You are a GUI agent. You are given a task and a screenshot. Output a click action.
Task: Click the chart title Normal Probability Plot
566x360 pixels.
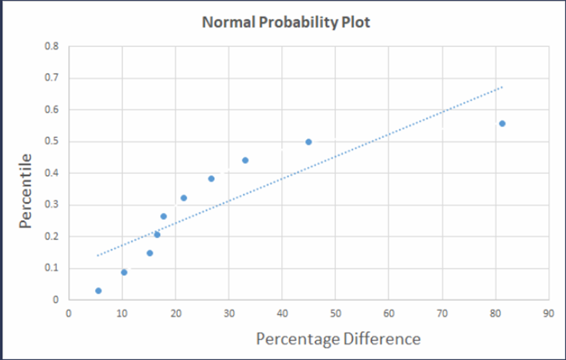[286, 22]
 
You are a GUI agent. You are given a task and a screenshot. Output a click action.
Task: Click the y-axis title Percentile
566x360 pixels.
[27, 191]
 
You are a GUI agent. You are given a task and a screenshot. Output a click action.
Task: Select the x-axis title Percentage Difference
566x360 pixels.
[338, 338]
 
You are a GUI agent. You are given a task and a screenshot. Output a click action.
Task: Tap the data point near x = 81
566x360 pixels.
[502, 123]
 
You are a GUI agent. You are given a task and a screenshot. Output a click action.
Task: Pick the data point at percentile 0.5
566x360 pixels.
[309, 142]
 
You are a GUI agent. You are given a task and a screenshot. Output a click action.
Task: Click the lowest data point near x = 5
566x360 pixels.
[98, 291]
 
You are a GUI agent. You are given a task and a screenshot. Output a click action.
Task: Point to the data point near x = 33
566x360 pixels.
[245, 160]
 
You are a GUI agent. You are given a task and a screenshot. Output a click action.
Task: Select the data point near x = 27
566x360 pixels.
[211, 179]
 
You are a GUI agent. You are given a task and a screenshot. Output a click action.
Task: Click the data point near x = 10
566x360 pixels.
[124, 272]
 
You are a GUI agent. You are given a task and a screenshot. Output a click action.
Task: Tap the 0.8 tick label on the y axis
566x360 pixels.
[52, 47]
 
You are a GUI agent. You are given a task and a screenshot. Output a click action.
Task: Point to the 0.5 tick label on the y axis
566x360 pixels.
[52, 141]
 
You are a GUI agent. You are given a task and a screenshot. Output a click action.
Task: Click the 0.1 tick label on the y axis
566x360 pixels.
[52, 268]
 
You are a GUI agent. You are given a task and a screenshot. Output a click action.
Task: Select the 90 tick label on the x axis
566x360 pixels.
[549, 314]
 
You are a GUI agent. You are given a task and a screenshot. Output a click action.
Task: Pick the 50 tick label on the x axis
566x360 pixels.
[335, 314]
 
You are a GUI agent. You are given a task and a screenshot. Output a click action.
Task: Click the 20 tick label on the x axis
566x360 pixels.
[175, 314]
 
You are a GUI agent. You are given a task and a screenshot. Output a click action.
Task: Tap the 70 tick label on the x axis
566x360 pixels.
[442, 314]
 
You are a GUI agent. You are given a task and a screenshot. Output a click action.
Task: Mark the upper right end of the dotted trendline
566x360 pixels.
[503, 87]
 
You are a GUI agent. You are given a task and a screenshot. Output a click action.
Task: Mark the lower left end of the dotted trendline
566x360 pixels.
[97, 255]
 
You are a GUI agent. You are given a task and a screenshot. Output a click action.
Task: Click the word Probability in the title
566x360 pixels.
[290, 22]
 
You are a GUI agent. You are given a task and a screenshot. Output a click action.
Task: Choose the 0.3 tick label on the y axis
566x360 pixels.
[52, 205]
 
